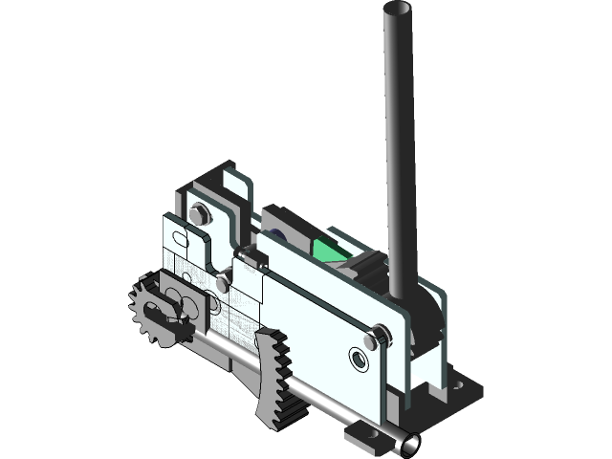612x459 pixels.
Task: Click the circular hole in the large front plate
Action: tap(359, 359)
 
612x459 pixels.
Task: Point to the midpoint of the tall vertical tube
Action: tap(398, 143)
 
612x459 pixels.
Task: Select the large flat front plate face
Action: tap(316, 316)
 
